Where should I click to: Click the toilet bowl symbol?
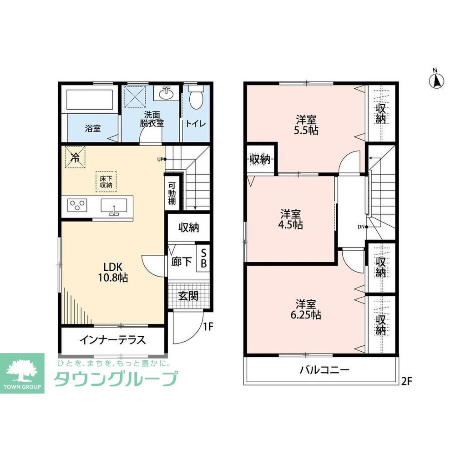[x=196, y=97]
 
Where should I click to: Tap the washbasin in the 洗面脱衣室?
[x=166, y=92]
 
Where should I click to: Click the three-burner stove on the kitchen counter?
[x=77, y=205]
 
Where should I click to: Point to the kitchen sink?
[x=114, y=206]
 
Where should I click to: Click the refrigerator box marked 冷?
[x=75, y=157]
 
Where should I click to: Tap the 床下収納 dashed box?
[x=106, y=182]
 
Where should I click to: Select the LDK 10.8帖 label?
[x=113, y=272]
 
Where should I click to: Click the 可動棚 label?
[x=172, y=193]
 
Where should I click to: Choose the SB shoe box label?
[x=204, y=258]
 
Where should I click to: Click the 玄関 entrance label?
[x=188, y=296]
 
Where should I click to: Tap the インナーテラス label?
[x=112, y=340]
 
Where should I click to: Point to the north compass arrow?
[x=436, y=81]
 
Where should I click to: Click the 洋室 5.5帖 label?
[x=306, y=125]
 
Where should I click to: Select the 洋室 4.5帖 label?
[x=290, y=219]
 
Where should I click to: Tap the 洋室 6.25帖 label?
[x=306, y=309]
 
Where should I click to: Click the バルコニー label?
[x=324, y=370]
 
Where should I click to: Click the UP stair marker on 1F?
[x=162, y=159]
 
